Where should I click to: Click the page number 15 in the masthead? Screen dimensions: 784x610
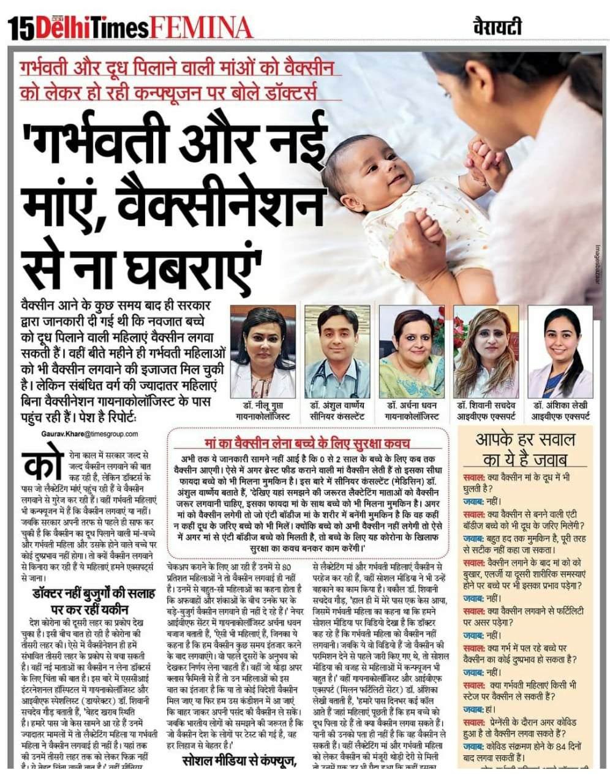click(20, 28)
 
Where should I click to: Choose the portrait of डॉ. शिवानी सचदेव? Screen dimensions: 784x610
click(485, 353)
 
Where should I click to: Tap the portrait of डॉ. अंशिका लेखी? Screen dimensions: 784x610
click(560, 353)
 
